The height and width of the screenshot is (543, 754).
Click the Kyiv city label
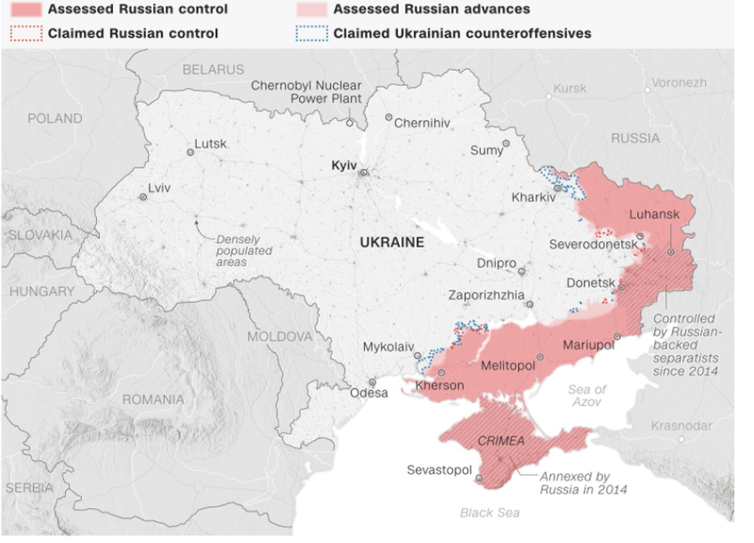(x=344, y=165)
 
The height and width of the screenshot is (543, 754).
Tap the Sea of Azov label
(x=587, y=396)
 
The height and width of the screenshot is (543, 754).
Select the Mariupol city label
(x=587, y=345)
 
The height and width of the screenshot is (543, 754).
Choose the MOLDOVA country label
(x=279, y=337)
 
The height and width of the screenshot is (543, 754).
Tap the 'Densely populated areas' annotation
(x=244, y=251)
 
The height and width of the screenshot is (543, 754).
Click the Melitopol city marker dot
(x=541, y=358)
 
